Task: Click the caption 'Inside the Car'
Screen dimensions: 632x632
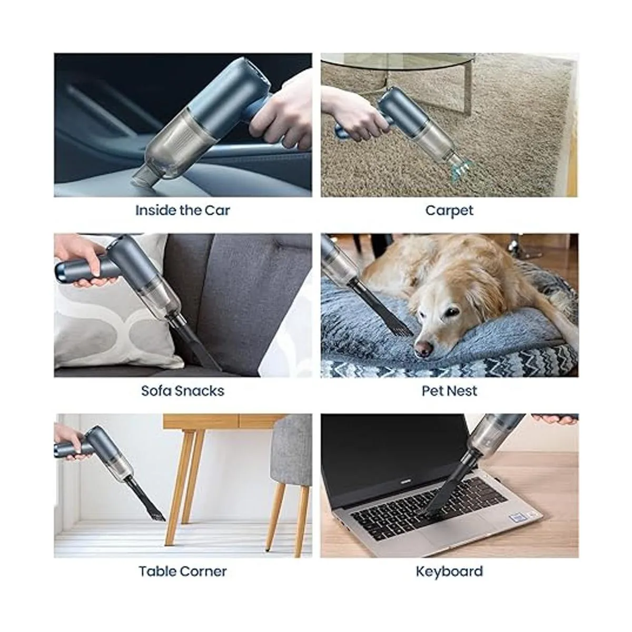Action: (x=183, y=210)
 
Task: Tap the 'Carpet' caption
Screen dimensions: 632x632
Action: (x=449, y=211)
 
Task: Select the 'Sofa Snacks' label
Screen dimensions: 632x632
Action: (x=183, y=391)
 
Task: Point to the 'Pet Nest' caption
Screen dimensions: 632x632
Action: (x=449, y=391)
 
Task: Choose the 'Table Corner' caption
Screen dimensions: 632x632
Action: (x=183, y=571)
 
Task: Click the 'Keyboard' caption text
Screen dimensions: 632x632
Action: (x=449, y=571)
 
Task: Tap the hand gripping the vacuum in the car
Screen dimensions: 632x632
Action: (x=282, y=110)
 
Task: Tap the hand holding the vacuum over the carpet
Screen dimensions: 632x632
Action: (x=352, y=113)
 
